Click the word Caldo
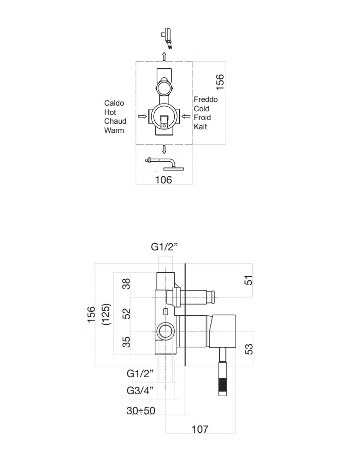coord(114,103)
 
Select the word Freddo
coord(206,99)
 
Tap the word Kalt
coord(201,127)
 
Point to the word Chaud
coord(115,121)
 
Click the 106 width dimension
coord(163,180)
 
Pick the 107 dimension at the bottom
coord(200,429)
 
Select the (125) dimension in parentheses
coord(106,314)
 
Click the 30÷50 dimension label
coord(141,411)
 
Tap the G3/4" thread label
coord(140,391)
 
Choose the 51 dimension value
coord(248,280)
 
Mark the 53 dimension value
coord(249,349)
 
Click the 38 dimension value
coord(126,283)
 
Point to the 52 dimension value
coord(126,314)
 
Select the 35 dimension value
coord(126,342)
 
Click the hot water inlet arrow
coord(142,116)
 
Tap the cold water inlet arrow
coord(186,116)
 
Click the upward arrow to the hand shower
coord(164,56)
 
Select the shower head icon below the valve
coord(165,164)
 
